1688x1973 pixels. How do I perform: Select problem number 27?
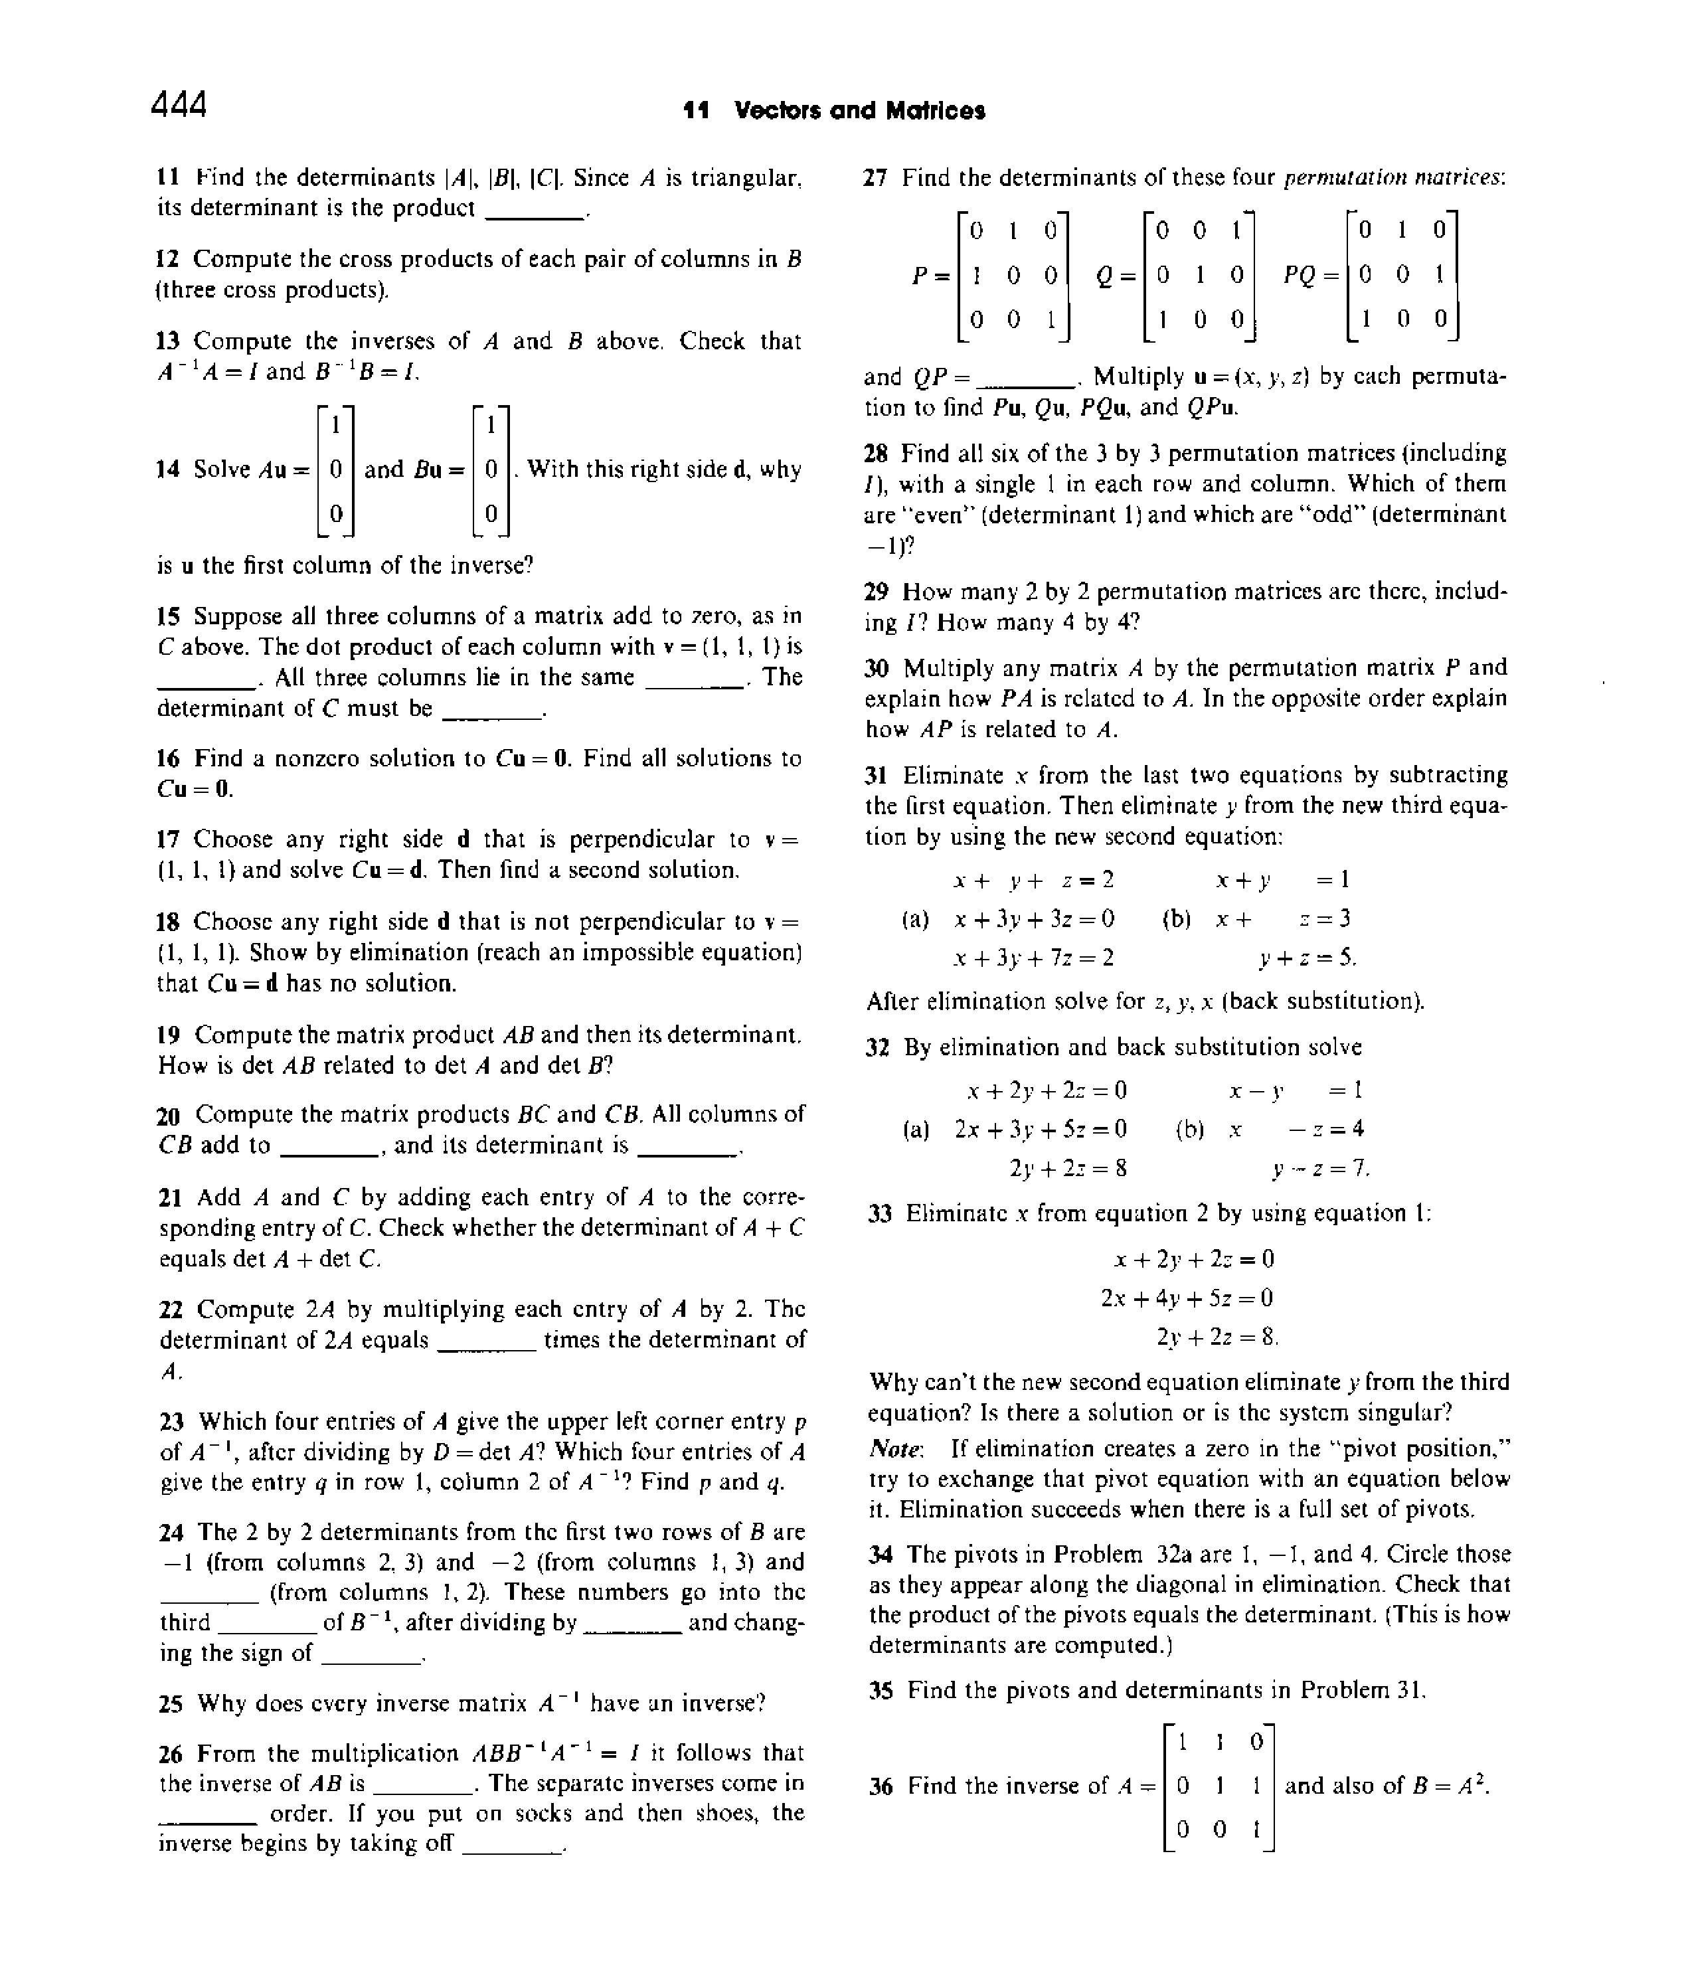pyautogui.click(x=876, y=178)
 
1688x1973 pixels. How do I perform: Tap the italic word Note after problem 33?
pyautogui.click(x=895, y=1449)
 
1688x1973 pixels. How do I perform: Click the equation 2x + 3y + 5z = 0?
pyautogui.click(x=1041, y=1130)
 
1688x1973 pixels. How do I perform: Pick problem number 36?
pyautogui.click(x=881, y=1786)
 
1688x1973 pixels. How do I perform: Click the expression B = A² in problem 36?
pyautogui.click(x=1448, y=1786)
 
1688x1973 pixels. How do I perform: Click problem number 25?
pyautogui.click(x=171, y=1703)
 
